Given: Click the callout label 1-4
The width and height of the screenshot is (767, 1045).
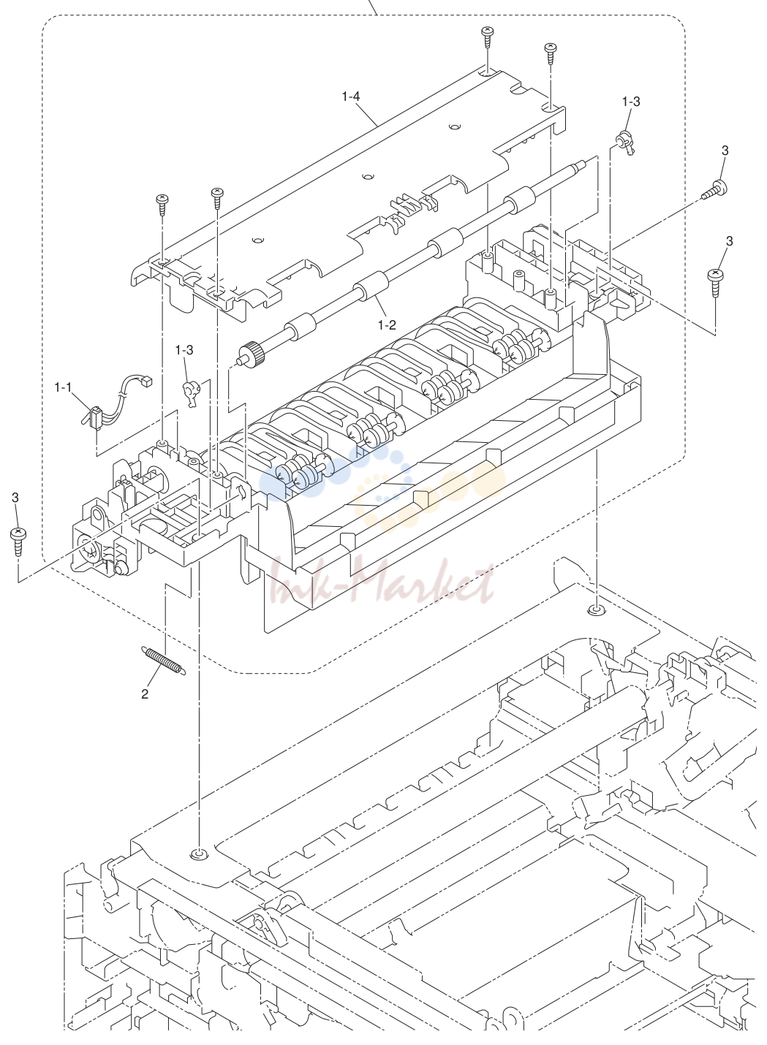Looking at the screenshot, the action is coord(350,97).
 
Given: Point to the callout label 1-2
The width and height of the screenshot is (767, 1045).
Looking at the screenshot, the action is coord(387,325).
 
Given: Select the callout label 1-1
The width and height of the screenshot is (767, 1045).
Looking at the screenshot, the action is coord(63,387).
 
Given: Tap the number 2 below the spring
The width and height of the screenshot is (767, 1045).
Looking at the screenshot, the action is coord(145,694).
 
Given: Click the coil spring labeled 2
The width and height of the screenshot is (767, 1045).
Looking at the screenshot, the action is coord(163,661).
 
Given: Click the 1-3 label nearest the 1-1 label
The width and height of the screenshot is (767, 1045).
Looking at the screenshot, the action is coord(184,350).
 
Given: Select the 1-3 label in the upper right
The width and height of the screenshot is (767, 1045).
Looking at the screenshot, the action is coord(631,102).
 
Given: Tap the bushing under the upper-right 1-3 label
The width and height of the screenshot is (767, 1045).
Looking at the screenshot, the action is coord(624,142).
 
